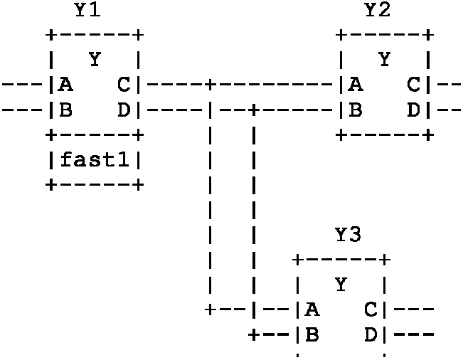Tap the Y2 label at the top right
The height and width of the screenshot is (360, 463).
pyautogui.click(x=377, y=11)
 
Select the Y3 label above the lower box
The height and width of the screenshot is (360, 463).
pyautogui.click(x=348, y=235)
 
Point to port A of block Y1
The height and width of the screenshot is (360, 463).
pyautogui.click(x=65, y=85)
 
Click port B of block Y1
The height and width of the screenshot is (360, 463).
pyautogui.click(x=65, y=110)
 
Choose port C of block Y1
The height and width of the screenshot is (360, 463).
pyautogui.click(x=123, y=85)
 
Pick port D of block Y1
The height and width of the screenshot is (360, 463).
pyautogui.click(x=123, y=110)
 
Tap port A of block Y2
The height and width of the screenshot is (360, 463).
pyautogui.click(x=356, y=85)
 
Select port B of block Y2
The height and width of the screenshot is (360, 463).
pyautogui.click(x=356, y=110)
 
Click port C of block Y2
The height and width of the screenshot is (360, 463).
pyautogui.click(x=413, y=85)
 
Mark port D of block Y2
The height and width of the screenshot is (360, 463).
pyautogui.click(x=413, y=110)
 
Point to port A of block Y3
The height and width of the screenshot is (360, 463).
pyautogui.click(x=312, y=309)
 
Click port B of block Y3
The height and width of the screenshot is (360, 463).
pyautogui.click(x=312, y=334)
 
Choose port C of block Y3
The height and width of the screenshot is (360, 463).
pyautogui.click(x=370, y=309)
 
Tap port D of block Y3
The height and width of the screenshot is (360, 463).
pyautogui.click(x=370, y=334)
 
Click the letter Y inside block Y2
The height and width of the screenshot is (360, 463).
pyautogui.click(x=385, y=60)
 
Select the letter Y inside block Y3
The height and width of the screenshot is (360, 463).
pyautogui.click(x=341, y=285)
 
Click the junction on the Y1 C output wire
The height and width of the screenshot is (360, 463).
pyautogui.click(x=211, y=86)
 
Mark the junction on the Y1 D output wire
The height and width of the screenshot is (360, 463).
pyautogui.click(x=254, y=111)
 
